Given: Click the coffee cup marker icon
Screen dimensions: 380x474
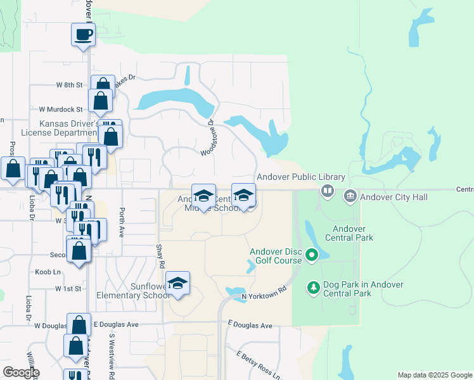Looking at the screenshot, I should (82, 34).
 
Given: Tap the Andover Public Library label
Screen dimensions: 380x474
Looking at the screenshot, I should (300, 177).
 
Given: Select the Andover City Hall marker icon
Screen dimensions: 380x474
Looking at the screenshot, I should (350, 197).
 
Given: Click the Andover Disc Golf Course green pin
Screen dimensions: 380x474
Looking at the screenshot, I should (311, 256).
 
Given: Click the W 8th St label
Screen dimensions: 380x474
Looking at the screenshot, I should (69, 84).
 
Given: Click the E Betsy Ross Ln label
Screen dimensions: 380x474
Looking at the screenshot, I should (257, 365).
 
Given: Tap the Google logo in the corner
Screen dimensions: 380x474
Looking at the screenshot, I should (21, 372).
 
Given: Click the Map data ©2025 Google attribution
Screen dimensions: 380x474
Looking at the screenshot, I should (434, 375).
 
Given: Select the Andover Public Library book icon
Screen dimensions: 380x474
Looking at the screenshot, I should (327, 190).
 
